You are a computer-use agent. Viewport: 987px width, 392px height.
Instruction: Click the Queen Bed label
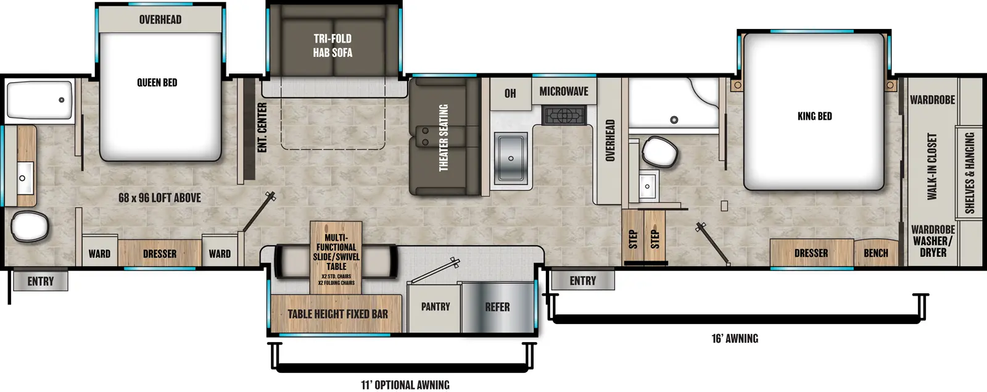(x=157, y=83)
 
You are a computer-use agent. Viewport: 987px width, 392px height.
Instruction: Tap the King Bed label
(x=814, y=116)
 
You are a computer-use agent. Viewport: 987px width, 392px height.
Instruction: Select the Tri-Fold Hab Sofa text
(x=332, y=46)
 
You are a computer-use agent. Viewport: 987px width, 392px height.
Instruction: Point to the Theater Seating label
(x=443, y=137)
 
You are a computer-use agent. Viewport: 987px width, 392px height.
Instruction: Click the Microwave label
(x=563, y=91)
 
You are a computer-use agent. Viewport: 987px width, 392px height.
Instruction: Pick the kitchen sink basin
(x=511, y=158)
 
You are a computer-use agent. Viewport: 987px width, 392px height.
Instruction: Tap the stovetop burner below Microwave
(x=564, y=115)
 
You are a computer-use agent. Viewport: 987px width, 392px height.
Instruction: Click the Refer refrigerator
(x=497, y=307)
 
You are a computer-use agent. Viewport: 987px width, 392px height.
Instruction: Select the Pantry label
(x=435, y=307)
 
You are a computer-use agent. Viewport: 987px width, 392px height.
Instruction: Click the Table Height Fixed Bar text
(x=337, y=314)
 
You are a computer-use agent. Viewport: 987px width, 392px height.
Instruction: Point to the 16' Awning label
(x=734, y=338)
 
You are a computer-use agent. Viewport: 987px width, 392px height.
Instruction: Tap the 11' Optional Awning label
(x=405, y=385)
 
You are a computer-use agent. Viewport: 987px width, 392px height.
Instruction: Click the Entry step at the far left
(x=40, y=281)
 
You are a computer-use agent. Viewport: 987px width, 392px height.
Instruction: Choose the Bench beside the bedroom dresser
(x=875, y=253)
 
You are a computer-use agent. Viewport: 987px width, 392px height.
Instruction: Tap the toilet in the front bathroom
(x=659, y=151)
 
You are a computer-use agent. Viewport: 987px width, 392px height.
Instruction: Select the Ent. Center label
(x=262, y=127)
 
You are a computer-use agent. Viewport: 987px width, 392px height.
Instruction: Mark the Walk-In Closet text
(x=931, y=167)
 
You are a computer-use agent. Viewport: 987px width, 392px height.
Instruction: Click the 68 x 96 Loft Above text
(x=159, y=198)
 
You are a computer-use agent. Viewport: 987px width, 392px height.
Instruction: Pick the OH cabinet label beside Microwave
(x=510, y=93)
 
